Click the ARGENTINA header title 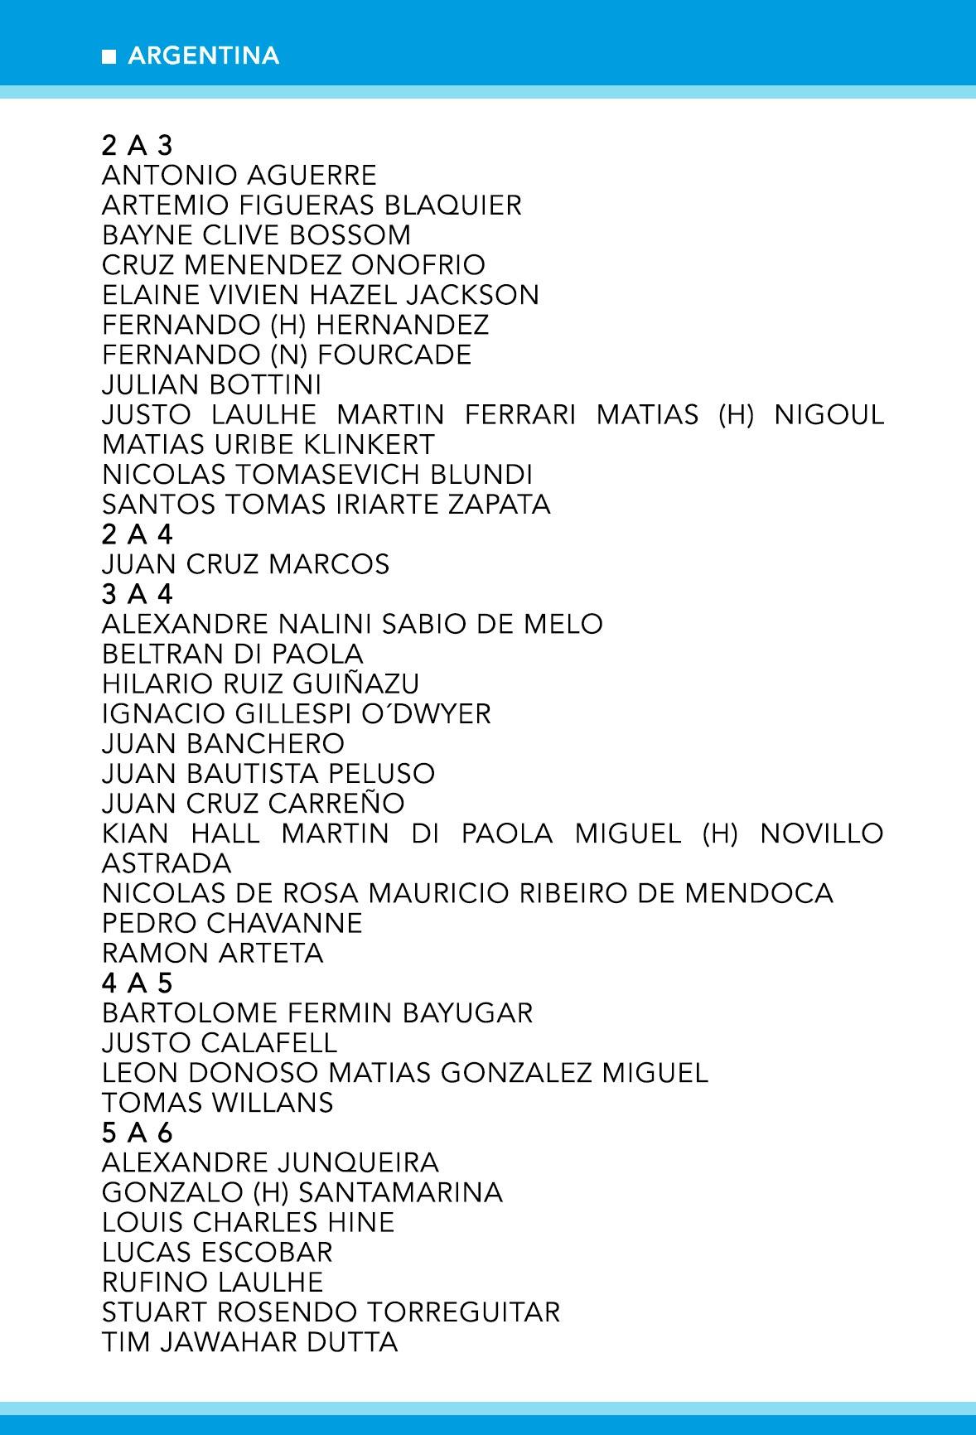click(x=204, y=56)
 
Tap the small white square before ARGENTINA click(x=109, y=57)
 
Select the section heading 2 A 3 click(x=137, y=146)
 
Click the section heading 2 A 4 click(x=137, y=534)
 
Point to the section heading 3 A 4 click(x=137, y=594)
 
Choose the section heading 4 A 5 click(x=137, y=983)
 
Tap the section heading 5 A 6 click(x=137, y=1132)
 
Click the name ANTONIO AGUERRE click(x=239, y=176)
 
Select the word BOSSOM click(x=357, y=235)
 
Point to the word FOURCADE click(x=394, y=355)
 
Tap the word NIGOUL click(x=829, y=414)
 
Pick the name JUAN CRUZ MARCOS click(x=245, y=564)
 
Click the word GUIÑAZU click(x=356, y=684)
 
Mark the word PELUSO click(x=382, y=773)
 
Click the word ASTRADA click(x=167, y=863)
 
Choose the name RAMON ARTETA click(x=212, y=953)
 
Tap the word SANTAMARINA click(x=400, y=1192)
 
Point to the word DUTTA click(x=352, y=1341)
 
